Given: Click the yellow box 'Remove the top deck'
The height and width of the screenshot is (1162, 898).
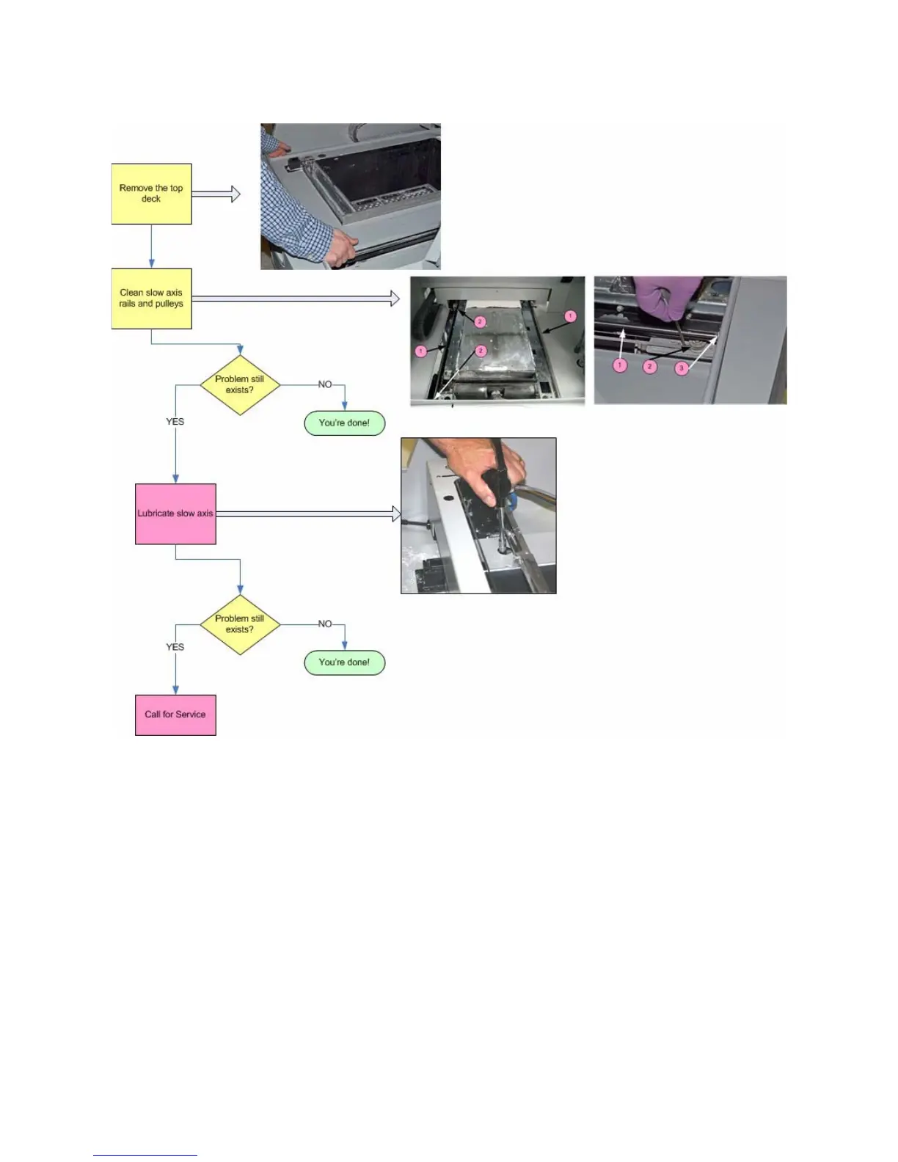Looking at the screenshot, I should [x=151, y=194].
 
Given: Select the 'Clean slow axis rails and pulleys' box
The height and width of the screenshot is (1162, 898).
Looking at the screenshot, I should [x=151, y=299].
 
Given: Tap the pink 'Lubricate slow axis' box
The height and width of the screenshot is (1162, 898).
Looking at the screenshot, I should [x=175, y=514].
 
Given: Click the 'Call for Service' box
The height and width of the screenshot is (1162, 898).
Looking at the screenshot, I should [x=175, y=715].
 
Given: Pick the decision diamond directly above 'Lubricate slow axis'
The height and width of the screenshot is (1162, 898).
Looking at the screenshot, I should [x=240, y=384].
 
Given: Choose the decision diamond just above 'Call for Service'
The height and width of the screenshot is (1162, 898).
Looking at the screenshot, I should [x=240, y=624].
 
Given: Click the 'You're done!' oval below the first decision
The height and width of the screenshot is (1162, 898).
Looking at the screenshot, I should [x=344, y=423].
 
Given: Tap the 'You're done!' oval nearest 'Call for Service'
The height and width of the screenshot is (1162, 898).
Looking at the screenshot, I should [x=344, y=662].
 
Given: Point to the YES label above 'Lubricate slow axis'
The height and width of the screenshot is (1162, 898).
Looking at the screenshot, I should [x=175, y=422].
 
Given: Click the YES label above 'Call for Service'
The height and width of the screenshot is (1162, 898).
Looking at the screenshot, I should [x=175, y=647].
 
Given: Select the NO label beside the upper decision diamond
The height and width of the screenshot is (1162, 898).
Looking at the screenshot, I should [x=325, y=384].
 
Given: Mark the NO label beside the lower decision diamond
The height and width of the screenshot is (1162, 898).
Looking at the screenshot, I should [x=325, y=624].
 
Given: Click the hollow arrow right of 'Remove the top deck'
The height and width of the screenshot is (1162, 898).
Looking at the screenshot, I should [x=216, y=194].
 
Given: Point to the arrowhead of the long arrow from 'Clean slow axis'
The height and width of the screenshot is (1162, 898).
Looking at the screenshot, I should [x=395, y=299].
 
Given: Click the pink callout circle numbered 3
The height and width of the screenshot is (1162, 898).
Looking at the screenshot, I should [x=682, y=368].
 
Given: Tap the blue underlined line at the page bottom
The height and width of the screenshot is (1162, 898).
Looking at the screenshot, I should [x=145, y=1155].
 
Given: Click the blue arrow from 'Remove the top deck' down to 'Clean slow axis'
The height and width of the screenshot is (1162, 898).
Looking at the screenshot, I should [x=151, y=246].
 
